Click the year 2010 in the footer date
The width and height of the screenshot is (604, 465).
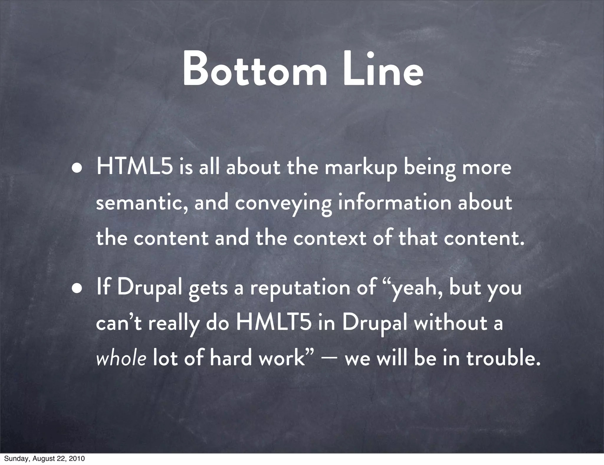pyautogui.click(x=77, y=459)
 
